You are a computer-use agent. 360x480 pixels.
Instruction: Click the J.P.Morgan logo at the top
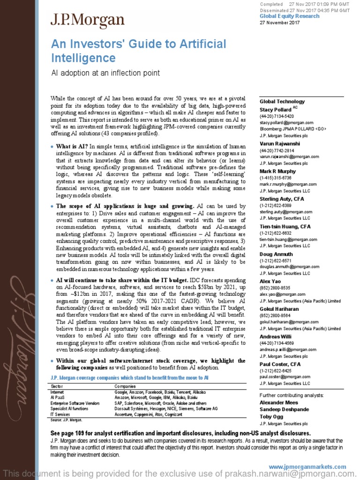click(88, 20)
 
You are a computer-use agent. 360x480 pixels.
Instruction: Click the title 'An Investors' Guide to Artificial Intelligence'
click(138, 51)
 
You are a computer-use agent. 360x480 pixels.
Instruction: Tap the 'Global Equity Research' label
click(289, 16)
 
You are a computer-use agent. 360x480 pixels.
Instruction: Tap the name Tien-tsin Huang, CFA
click(285, 226)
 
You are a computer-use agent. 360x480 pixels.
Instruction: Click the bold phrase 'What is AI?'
click(72, 147)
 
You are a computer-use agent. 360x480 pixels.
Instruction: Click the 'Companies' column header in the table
click(125, 385)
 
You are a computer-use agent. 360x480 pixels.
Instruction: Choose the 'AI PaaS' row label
click(58, 397)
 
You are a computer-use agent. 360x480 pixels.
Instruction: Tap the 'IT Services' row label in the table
click(60, 413)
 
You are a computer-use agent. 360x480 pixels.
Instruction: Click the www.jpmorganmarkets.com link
click(307, 467)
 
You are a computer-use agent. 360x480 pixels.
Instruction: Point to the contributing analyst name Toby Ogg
click(272, 416)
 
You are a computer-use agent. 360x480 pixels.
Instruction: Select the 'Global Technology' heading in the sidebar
click(282, 101)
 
